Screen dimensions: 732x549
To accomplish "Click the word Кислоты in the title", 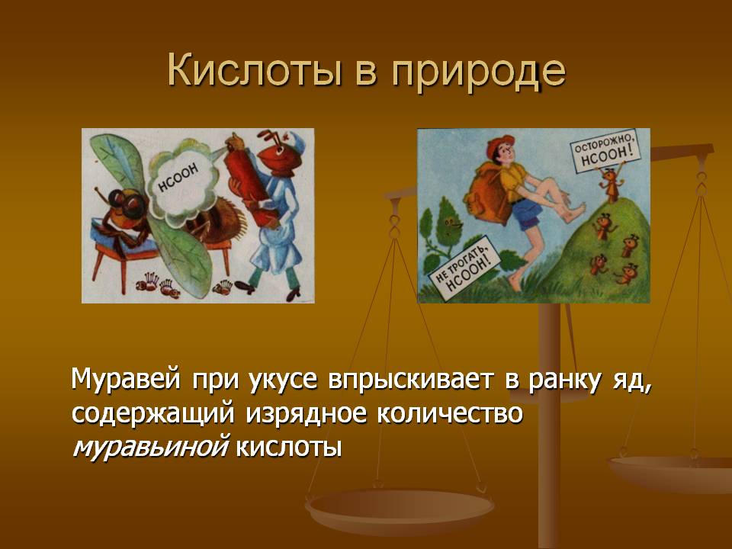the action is point(255,70).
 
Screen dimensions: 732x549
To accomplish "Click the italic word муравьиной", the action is point(150,447).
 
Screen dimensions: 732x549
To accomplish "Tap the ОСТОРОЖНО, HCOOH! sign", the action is point(605,151).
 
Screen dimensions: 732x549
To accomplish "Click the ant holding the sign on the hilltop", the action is point(610,184).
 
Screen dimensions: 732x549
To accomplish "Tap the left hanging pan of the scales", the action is point(399,510).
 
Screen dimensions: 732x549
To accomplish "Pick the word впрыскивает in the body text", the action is point(410,380).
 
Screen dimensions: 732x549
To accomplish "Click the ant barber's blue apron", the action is point(275,233).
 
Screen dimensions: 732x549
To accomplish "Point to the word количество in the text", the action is point(449,413).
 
